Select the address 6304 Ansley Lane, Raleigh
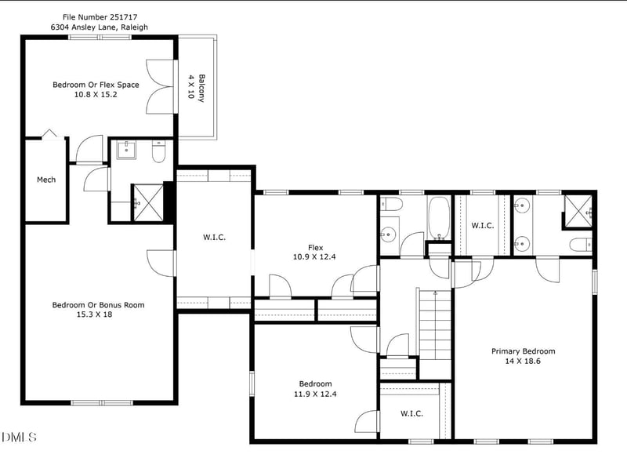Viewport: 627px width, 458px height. click(99, 27)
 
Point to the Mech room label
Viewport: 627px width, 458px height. click(46, 180)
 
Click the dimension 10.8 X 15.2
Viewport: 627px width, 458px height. click(96, 95)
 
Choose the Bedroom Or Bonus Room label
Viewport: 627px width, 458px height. click(98, 305)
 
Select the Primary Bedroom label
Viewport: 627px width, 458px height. click(523, 351)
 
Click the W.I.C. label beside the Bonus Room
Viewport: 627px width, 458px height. click(214, 237)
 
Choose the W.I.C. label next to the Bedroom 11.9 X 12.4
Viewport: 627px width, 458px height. click(411, 413)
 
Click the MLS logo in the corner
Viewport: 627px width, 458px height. click(19, 436)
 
